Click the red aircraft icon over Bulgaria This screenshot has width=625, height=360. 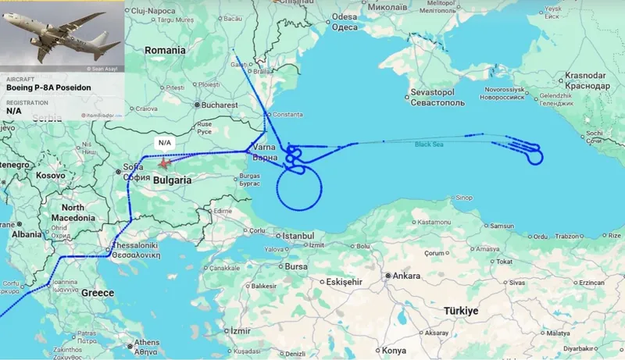click(x=164, y=164)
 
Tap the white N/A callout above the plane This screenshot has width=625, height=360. click(x=164, y=143)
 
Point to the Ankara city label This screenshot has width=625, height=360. click(x=406, y=276)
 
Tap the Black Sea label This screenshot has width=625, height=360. click(x=428, y=144)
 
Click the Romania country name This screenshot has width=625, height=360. click(x=165, y=50)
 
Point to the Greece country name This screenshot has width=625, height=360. click(x=98, y=293)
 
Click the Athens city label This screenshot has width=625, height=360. click(x=147, y=342)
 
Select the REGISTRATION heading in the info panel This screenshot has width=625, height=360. click(x=29, y=102)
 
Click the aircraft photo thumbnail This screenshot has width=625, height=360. click(x=62, y=37)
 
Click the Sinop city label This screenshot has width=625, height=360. click(x=464, y=198)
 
